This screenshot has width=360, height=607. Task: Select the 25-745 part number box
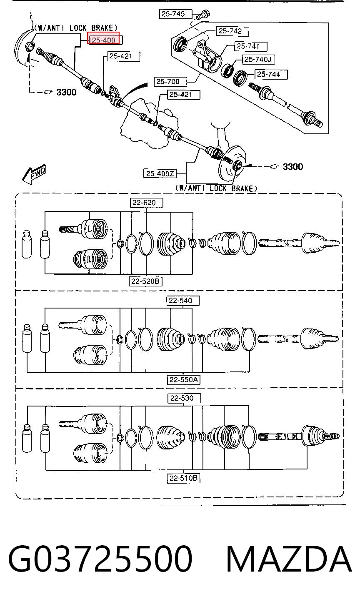tap(175, 14)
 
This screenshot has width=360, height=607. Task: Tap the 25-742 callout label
tap(232, 31)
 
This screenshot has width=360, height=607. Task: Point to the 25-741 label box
tap(251, 46)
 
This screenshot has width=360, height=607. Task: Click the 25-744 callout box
tap(271, 74)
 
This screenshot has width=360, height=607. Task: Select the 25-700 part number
tap(170, 81)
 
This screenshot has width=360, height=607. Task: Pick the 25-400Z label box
tap(160, 173)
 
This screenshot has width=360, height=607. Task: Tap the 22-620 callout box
tap(147, 203)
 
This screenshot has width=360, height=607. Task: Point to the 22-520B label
tap(145, 281)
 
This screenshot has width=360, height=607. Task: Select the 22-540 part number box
tap(183, 301)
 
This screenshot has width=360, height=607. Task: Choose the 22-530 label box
tap(184, 398)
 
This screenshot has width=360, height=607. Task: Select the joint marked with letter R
tap(90, 259)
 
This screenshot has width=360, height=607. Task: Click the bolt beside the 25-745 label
tap(202, 14)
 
